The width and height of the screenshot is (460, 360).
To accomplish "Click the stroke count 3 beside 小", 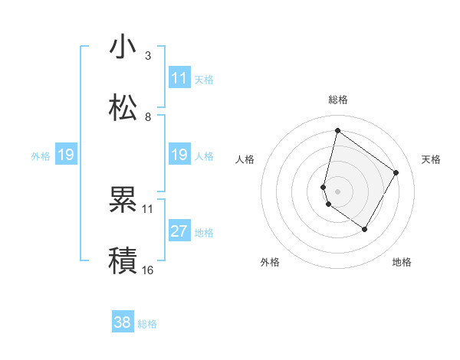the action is [x=148, y=55].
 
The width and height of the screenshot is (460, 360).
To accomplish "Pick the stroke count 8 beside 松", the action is [x=148, y=116].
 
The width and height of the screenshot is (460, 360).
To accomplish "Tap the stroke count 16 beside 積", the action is [x=148, y=270].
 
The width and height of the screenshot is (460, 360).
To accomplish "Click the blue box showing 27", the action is [x=179, y=231].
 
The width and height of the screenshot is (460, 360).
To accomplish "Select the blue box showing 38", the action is [x=123, y=322].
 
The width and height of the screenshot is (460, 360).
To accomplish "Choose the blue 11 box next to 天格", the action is [x=179, y=78].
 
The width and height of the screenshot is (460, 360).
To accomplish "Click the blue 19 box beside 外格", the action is [x=66, y=155].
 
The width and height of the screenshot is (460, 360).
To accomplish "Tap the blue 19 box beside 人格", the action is [x=179, y=155].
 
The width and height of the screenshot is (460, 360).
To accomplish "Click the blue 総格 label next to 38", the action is [x=147, y=324].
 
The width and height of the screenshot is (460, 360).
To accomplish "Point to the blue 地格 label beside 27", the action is [x=204, y=233].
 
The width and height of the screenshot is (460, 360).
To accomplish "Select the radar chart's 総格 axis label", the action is [x=337, y=100].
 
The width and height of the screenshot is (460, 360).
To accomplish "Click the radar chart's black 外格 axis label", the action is [x=270, y=262].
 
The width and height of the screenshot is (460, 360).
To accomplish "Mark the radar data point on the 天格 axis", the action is [x=396, y=172].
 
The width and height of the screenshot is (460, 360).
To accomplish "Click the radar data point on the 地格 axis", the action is [x=364, y=230].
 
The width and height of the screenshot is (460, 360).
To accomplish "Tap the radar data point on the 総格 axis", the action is [x=337, y=131].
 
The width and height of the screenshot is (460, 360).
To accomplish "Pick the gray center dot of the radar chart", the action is [x=337, y=191].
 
